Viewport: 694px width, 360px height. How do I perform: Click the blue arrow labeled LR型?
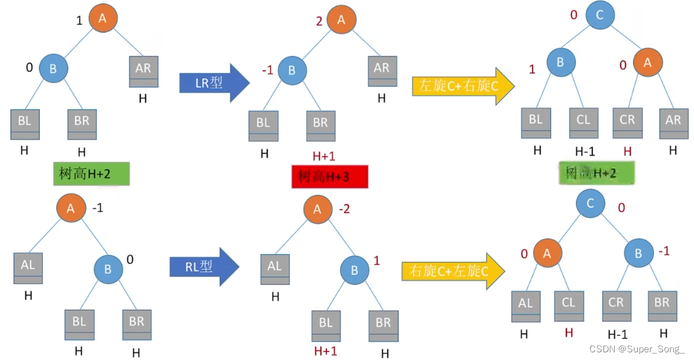point(213,83)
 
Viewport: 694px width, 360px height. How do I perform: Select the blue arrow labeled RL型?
point(203,267)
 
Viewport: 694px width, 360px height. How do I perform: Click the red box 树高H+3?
point(329,176)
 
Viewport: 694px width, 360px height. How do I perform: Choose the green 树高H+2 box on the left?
point(91,173)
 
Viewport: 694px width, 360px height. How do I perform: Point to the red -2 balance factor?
point(345,210)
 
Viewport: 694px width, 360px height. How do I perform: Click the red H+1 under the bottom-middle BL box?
point(325,351)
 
